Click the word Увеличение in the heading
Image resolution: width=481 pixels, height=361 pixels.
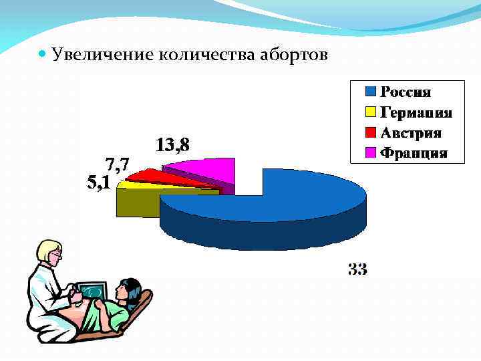(102, 54)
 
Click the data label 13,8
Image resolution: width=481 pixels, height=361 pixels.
(172, 144)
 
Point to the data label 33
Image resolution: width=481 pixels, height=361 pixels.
(357, 269)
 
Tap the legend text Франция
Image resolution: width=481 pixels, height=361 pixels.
(413, 153)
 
